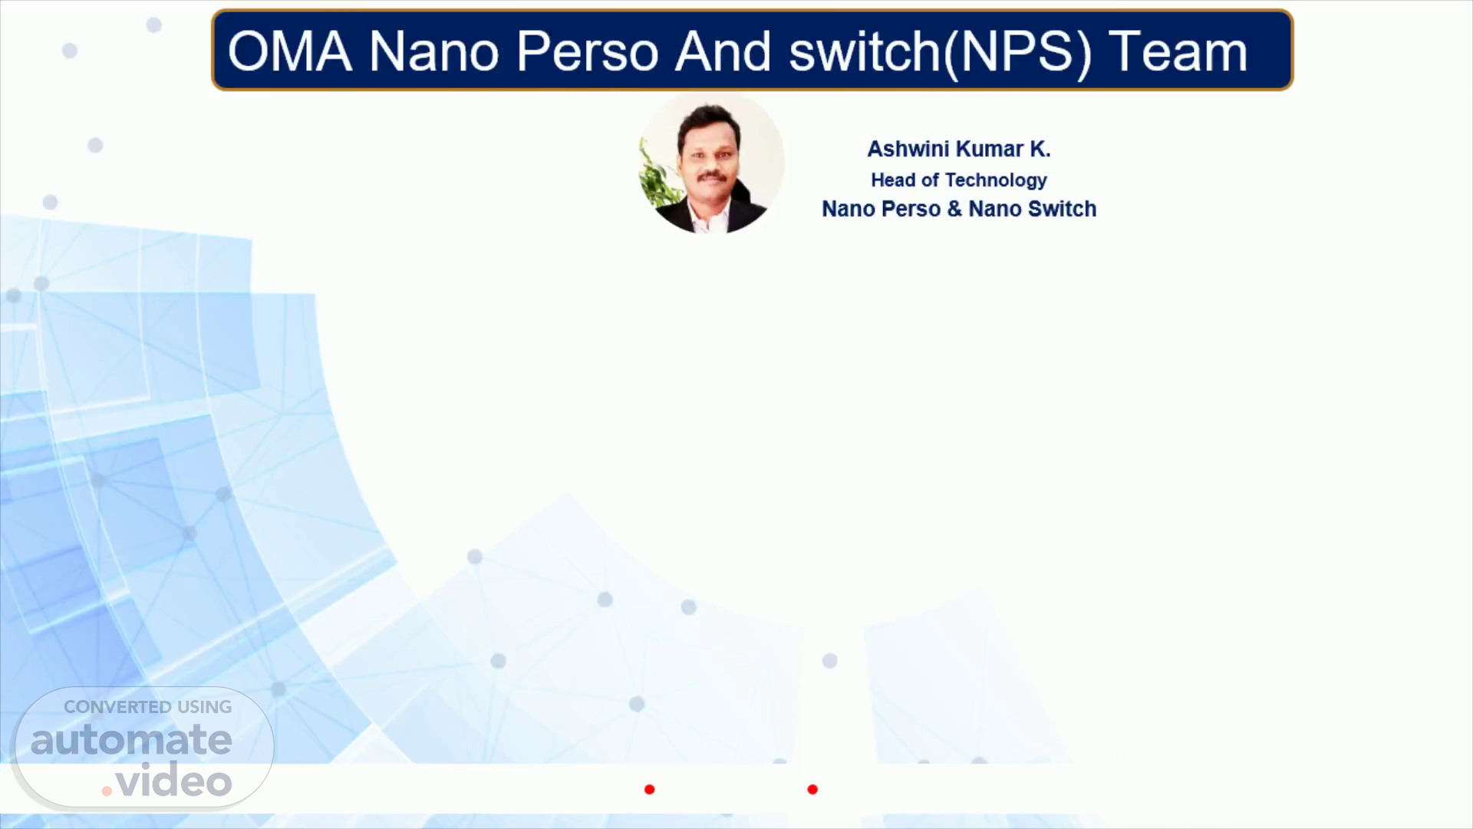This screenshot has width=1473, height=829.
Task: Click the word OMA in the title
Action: pyautogui.click(x=290, y=52)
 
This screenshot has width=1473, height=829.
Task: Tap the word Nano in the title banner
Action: pyautogui.click(x=434, y=52)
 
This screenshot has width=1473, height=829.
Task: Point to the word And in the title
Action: pyautogui.click(x=723, y=52)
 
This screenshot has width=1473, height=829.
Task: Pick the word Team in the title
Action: pyautogui.click(x=1178, y=52)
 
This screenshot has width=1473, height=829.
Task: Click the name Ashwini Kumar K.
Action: pyautogui.click(x=959, y=149)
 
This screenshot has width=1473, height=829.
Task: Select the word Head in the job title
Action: pyautogui.click(x=893, y=180)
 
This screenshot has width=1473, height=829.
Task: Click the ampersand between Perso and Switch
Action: pyautogui.click(x=954, y=209)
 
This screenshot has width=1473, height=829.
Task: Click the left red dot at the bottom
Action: pyautogui.click(x=650, y=789)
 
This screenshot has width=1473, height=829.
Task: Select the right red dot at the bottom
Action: pyautogui.click(x=812, y=789)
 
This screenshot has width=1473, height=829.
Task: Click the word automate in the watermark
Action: pyautogui.click(x=131, y=740)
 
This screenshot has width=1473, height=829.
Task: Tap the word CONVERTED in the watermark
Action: pyautogui.click(x=117, y=707)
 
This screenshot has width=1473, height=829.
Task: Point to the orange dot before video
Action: pyautogui.click(x=107, y=791)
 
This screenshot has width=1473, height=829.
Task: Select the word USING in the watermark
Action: pyautogui.click(x=205, y=707)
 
